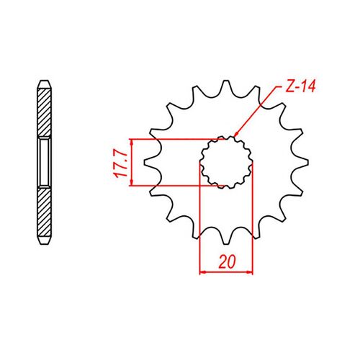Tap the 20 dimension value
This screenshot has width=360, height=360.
pos(228,261)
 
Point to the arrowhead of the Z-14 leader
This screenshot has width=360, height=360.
pos(235,135)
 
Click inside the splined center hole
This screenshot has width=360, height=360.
pos(227,163)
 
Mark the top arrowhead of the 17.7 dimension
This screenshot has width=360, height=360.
pos(130,141)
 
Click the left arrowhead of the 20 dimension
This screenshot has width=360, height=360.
pos(202,273)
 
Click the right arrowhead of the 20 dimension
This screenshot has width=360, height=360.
pos(251,273)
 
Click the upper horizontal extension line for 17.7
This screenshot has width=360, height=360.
pos(173,139)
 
